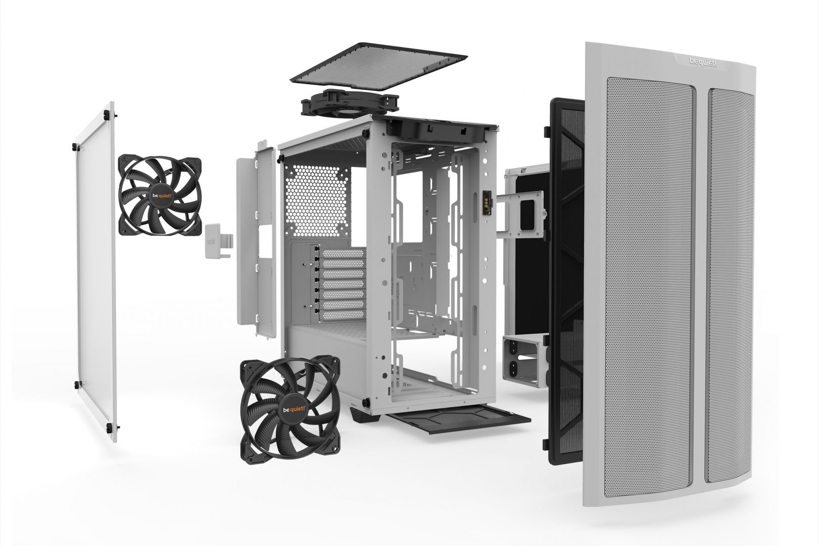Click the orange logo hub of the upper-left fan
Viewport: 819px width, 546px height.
click(159, 195)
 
